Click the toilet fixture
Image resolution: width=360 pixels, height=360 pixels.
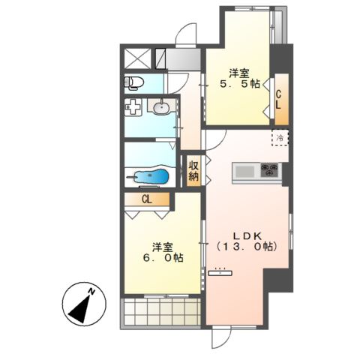[133, 82]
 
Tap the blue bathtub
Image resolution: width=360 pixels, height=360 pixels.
[151, 176]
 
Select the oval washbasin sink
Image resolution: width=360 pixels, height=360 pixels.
[161, 108]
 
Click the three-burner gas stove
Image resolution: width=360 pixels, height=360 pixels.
[269, 170]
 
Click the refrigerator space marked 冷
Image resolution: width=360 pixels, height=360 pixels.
[280, 137]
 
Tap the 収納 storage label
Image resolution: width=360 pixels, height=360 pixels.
[193, 171]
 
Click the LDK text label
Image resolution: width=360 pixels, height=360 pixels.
[247, 235]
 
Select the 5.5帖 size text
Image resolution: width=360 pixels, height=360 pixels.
[239, 85]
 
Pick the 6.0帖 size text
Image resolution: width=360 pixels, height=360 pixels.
[163, 258]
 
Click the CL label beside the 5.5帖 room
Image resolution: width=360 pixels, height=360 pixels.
[278, 100]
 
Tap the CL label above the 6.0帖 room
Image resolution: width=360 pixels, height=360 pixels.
[147, 199]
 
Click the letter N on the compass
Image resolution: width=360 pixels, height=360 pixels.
[91, 291]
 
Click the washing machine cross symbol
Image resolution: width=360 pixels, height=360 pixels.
[133, 106]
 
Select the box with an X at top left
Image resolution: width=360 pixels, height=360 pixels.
[137, 58]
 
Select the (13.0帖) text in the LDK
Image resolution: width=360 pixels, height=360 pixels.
[247, 247]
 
